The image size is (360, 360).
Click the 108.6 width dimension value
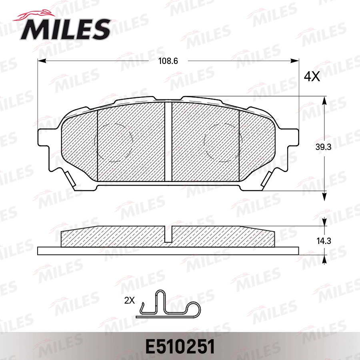[168, 61]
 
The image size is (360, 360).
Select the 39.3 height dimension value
[323, 147]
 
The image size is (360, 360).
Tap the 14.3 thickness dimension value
[323, 241]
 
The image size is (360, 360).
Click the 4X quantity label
[312, 76]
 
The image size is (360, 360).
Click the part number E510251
[180, 346]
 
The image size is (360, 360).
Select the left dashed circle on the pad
[113, 143]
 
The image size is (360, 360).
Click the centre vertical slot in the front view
[168, 141]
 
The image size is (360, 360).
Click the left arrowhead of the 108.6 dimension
[41, 61]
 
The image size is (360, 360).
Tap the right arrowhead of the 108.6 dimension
[296, 61]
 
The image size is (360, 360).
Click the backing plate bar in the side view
[168, 250]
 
